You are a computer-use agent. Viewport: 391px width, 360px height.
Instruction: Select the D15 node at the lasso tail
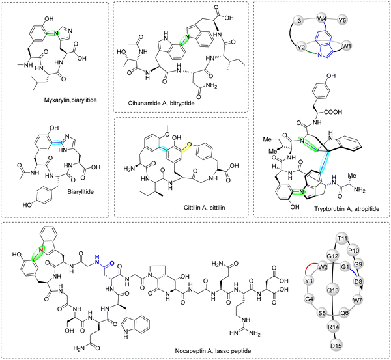336,346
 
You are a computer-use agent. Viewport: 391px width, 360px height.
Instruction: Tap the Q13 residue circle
332,290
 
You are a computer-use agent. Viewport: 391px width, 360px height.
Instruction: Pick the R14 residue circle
334,327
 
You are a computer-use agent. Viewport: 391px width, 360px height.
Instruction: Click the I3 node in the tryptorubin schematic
298,20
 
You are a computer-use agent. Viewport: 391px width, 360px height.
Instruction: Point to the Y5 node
343,20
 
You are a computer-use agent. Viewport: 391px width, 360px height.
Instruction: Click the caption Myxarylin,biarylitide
70,100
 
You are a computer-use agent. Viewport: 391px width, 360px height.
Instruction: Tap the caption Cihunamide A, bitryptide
162,103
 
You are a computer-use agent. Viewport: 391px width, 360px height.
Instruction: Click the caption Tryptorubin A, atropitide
347,209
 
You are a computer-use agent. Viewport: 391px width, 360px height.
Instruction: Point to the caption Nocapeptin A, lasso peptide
212,351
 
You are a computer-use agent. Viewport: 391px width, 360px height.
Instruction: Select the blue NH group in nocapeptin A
97,258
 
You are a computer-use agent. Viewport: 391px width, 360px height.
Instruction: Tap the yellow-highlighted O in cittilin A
189,145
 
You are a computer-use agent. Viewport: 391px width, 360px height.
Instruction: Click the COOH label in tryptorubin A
334,112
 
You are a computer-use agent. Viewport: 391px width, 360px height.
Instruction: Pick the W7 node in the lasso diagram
358,301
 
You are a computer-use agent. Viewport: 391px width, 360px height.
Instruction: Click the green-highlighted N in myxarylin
56,33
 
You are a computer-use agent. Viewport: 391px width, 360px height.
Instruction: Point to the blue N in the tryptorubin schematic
320,55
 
